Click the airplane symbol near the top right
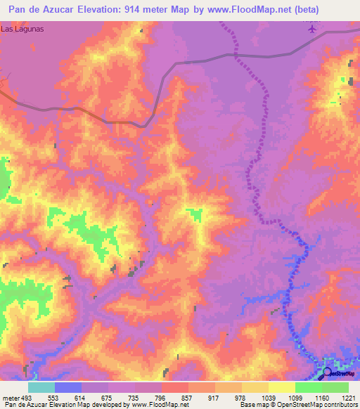pos(312,28)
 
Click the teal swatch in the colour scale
pos(41,387)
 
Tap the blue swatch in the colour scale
pos(67,387)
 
